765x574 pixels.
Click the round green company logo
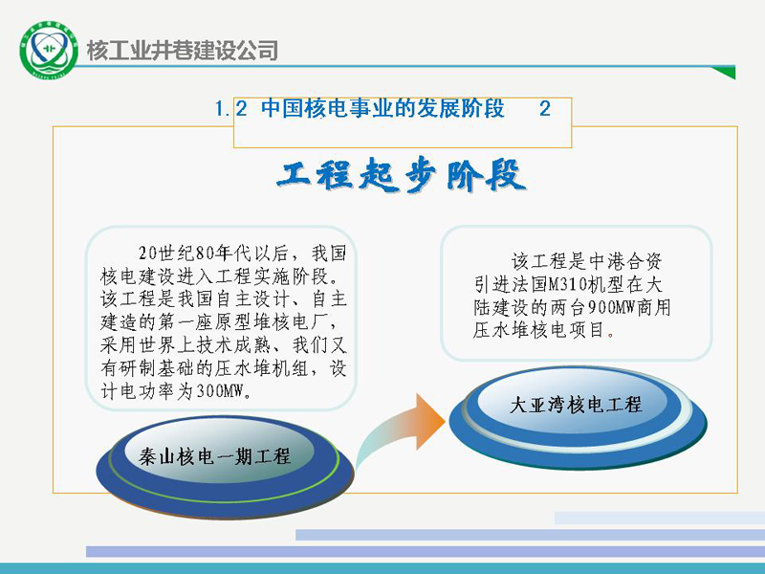(49, 50)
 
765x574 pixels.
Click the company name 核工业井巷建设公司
(183, 51)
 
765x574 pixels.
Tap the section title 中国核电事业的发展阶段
(382, 108)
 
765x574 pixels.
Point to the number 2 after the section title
(545, 108)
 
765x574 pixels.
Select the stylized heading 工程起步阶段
(401, 175)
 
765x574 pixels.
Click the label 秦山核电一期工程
(214, 456)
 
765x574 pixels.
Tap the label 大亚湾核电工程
(576, 405)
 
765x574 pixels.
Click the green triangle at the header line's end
(725, 73)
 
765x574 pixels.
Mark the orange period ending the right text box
(611, 334)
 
